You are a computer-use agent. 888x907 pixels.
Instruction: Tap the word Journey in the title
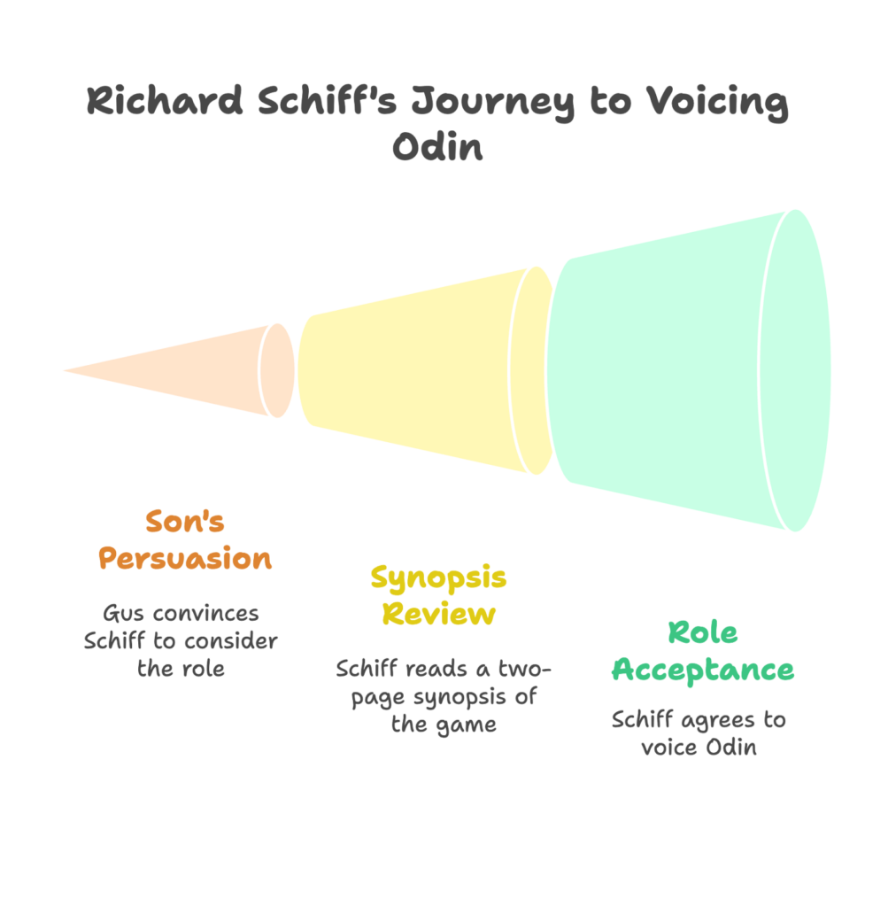(492, 103)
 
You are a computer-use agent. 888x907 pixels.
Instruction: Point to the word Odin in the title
(438, 146)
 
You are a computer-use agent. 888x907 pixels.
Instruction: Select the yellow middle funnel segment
(416, 370)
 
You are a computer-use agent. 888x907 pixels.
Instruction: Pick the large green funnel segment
(673, 370)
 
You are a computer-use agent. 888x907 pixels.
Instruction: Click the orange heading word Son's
(185, 522)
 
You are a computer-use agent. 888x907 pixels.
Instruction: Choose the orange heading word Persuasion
(185, 559)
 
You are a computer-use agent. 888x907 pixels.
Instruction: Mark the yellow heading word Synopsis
(438, 577)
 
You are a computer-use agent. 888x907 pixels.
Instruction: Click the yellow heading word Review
(438, 614)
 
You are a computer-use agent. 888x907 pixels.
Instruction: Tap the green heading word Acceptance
(703, 670)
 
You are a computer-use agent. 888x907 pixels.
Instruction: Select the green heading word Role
(703, 632)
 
